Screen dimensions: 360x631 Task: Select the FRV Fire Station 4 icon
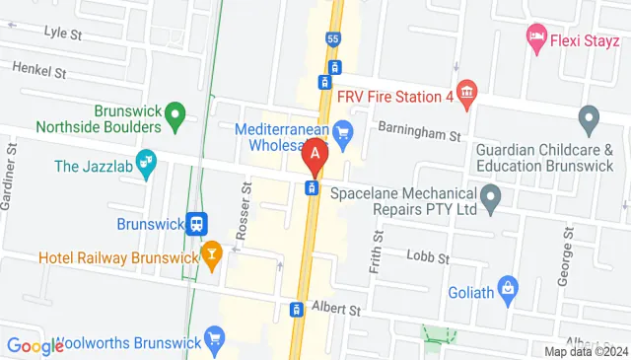[467, 95]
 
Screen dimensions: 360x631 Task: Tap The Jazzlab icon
[146, 163]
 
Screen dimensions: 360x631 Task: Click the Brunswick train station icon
[198, 224]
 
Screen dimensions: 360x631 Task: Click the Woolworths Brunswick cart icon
[215, 343]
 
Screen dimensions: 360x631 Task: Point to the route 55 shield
[333, 38]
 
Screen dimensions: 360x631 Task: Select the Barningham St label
[419, 133]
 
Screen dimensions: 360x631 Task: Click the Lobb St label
[428, 256]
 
